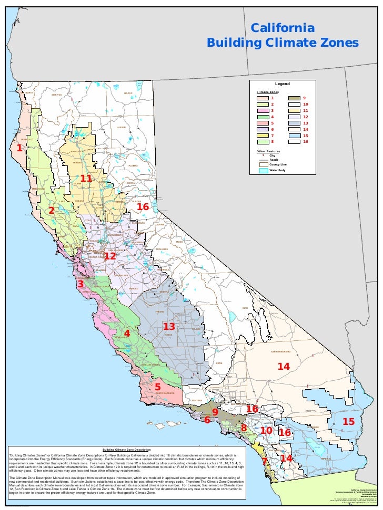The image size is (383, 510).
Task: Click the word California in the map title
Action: click(283, 27)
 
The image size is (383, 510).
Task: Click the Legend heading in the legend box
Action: click(282, 84)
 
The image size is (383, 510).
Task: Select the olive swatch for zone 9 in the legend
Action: click(294, 98)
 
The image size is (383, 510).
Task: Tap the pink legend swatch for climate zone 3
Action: click(262, 110)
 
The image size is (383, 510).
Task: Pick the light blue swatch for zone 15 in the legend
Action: click(294, 135)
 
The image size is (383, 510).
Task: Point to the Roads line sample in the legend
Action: click(262, 160)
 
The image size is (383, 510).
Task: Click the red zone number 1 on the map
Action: click(19, 148)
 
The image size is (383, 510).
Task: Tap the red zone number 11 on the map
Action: click(86, 179)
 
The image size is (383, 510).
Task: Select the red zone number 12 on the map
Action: click(109, 256)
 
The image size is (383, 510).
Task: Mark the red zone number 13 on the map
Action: click(168, 327)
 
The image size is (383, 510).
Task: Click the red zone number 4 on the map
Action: click(127, 334)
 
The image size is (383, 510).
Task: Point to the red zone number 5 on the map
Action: click(157, 387)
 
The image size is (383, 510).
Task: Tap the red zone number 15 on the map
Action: click(348, 422)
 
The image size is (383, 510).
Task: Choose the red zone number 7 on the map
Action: click(265, 461)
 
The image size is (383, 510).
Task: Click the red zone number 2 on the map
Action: click(52, 210)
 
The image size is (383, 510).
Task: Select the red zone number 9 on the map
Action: click(215, 412)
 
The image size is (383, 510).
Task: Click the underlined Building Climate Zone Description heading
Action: click(127, 450)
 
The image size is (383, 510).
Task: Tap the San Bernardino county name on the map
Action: click(284, 351)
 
